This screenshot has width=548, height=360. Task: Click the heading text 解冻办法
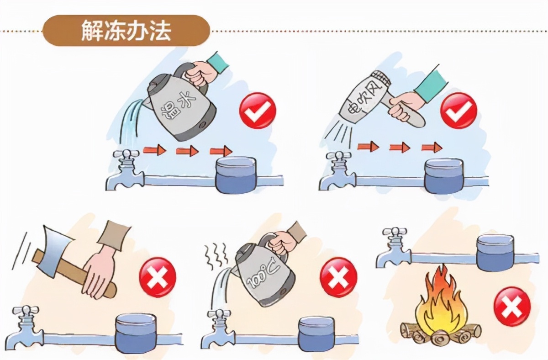[126, 31]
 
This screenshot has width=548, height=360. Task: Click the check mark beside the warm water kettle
[258, 110]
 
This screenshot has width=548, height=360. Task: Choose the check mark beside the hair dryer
[458, 110]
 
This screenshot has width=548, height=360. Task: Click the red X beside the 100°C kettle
[337, 275]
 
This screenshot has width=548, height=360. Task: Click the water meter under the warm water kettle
[236, 175]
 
